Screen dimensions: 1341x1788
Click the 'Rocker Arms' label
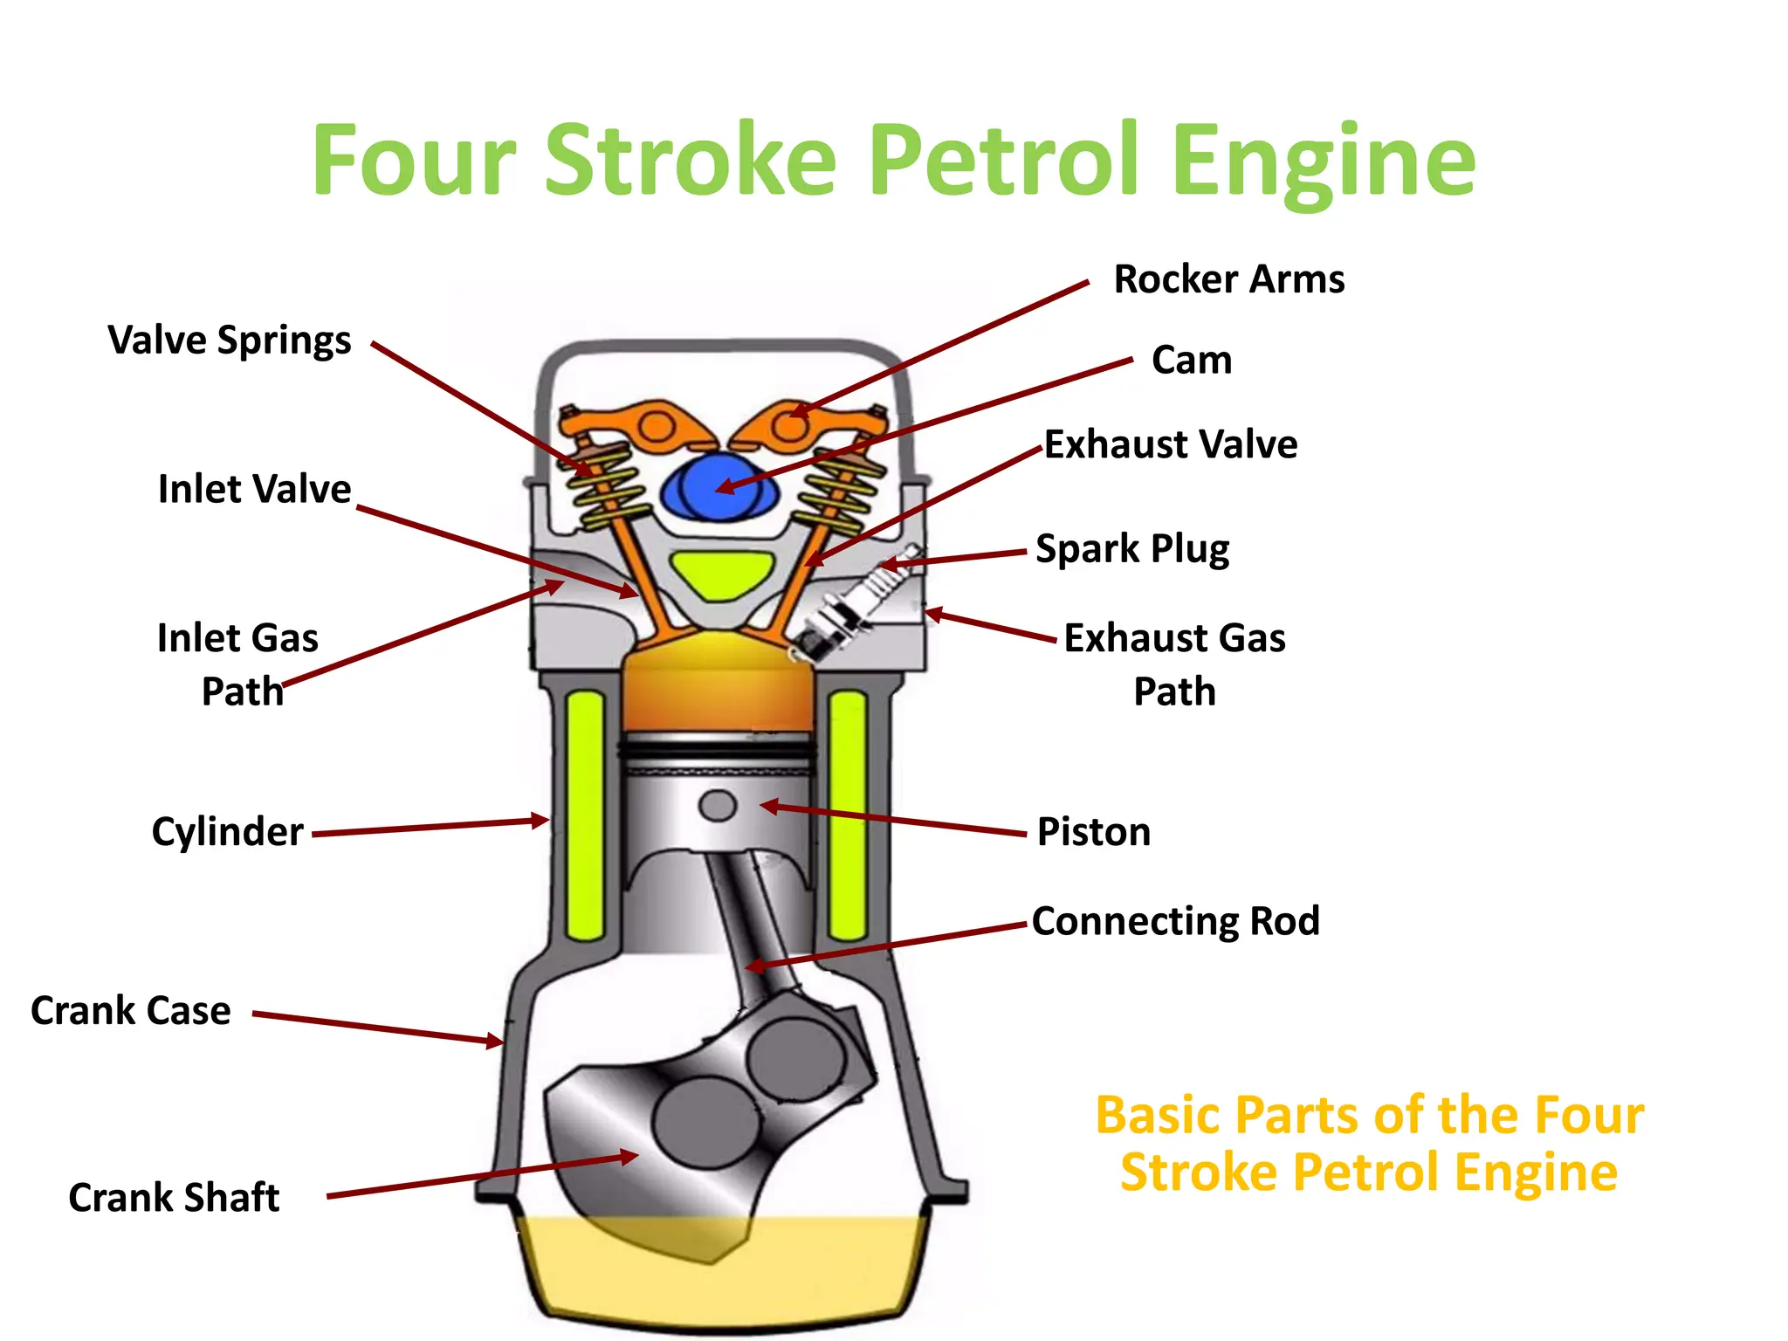coord(1228,279)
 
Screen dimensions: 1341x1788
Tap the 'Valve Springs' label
coord(229,340)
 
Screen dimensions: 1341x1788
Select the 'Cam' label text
coord(1191,360)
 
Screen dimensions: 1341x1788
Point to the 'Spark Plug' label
coord(1131,549)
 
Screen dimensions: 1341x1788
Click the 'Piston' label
coord(1093,831)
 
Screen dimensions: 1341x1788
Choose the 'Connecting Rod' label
coord(1175,921)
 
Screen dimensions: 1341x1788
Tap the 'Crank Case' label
coord(131,1010)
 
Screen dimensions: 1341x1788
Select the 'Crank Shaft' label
coord(174,1197)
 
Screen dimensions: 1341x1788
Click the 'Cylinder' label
coord(227,831)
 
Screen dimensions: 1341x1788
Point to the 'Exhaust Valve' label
coord(1170,444)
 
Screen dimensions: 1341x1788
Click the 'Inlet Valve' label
coord(254,489)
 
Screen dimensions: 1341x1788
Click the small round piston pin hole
coord(718,805)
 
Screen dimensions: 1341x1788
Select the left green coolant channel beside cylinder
coord(585,814)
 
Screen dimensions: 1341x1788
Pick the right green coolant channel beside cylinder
coord(847,814)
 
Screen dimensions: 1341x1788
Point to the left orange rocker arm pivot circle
coord(654,428)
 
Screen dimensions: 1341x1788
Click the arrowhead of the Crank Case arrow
coord(496,1041)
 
